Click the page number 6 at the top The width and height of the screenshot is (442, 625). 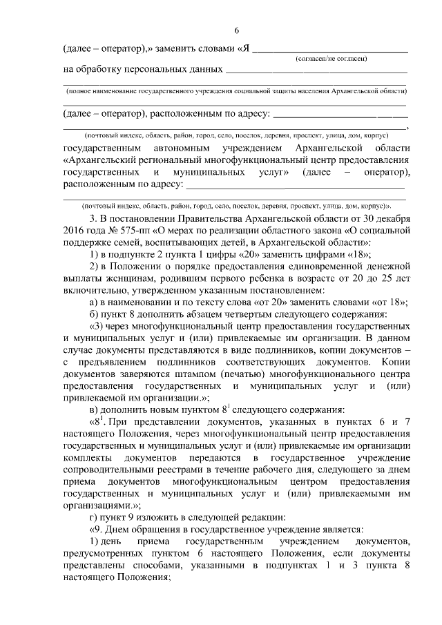point(236,30)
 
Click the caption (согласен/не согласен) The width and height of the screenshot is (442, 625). point(331,60)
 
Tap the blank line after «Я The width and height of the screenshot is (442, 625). point(332,51)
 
